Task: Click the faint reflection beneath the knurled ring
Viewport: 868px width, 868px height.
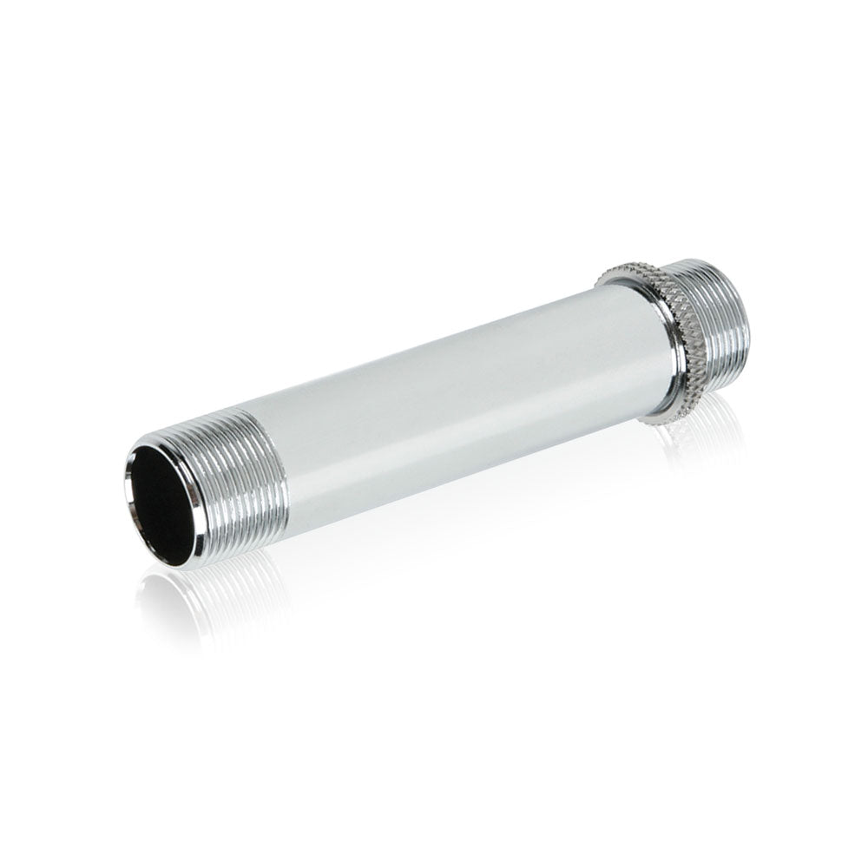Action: click(686, 443)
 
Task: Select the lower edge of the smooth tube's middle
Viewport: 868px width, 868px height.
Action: click(451, 460)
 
